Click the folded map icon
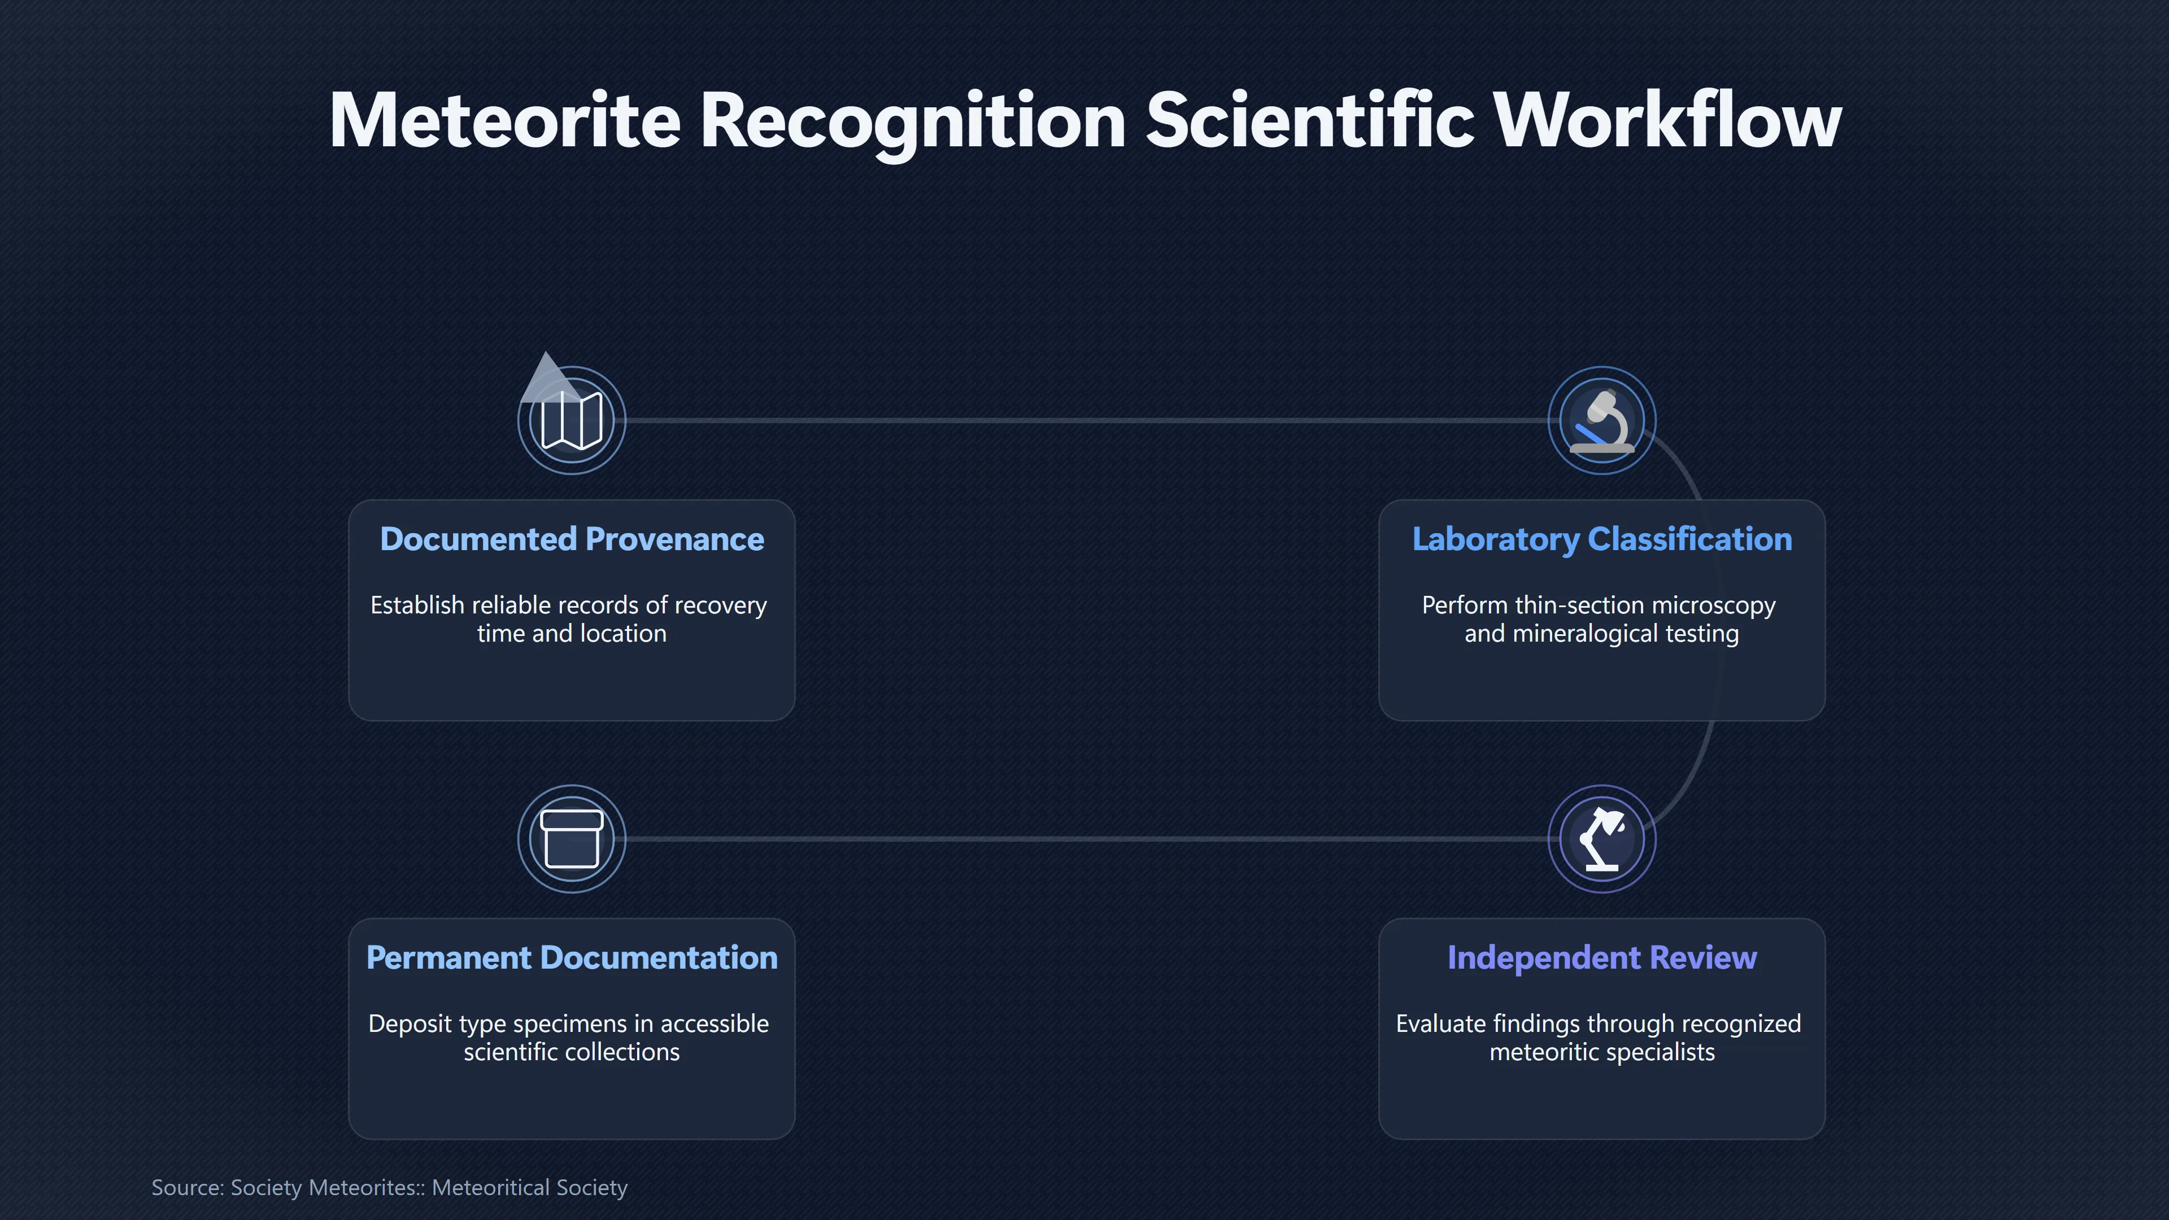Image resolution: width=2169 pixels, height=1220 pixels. [572, 420]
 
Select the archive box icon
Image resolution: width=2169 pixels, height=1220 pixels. [572, 839]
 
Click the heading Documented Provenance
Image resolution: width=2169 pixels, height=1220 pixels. [572, 539]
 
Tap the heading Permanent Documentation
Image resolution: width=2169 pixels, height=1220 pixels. [572, 957]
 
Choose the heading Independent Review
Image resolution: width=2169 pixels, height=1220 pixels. [1601, 958]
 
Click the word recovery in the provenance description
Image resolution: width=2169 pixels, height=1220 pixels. [721, 606]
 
